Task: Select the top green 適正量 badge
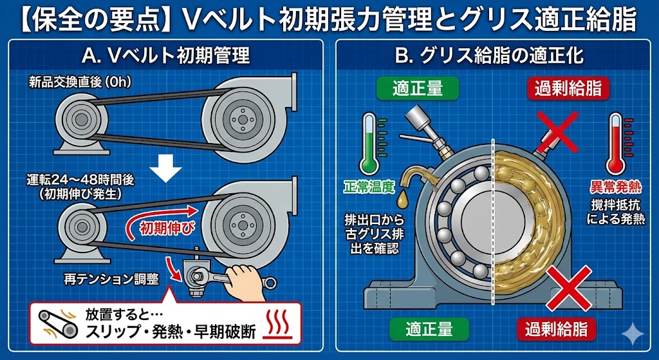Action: [x=417, y=89]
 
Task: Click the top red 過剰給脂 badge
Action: [x=567, y=89]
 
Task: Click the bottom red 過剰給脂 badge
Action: [x=557, y=329]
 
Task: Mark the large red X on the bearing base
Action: [x=569, y=288]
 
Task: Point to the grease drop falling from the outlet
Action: [x=404, y=197]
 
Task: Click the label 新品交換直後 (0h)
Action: [x=80, y=82]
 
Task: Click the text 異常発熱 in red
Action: [x=615, y=187]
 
